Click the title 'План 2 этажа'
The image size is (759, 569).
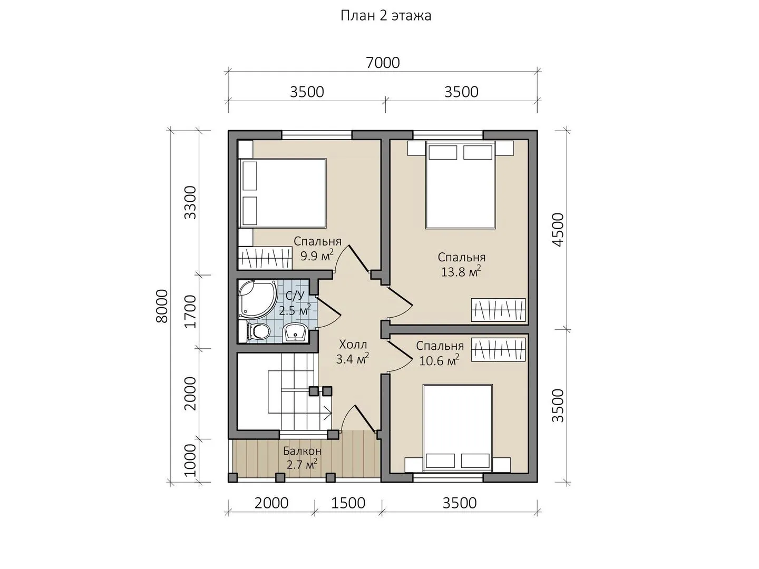(x=385, y=16)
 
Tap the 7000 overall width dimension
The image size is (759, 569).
(x=383, y=63)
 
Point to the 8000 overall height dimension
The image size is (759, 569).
(x=161, y=306)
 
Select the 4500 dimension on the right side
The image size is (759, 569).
(x=558, y=230)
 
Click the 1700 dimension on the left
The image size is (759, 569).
(x=190, y=311)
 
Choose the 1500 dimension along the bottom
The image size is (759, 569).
(x=348, y=503)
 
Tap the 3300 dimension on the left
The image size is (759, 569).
(x=190, y=202)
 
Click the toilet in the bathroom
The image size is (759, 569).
(x=255, y=331)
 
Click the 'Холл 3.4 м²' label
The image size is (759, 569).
(x=353, y=352)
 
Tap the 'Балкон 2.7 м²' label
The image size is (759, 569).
(x=302, y=458)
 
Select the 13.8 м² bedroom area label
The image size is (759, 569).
(x=461, y=264)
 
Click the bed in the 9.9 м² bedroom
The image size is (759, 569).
(x=283, y=193)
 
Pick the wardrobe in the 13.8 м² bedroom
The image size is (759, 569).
(x=499, y=310)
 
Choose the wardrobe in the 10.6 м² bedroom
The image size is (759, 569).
(x=499, y=350)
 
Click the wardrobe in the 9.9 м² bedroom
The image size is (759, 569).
(x=265, y=258)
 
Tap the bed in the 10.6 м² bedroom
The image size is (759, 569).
(x=458, y=428)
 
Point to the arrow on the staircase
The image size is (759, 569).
(x=326, y=413)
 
